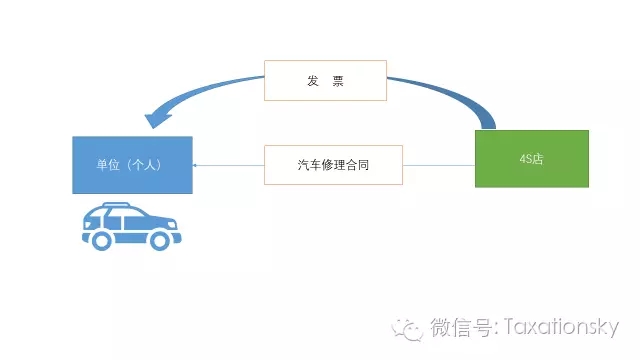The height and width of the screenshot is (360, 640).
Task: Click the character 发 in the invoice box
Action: coord(313,81)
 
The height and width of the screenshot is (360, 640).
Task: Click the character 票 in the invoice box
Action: coord(337,81)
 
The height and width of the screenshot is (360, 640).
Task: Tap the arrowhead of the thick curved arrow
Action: coord(158,119)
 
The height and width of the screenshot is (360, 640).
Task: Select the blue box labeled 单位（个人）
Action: coord(132,164)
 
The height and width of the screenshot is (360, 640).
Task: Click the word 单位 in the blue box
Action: coord(107,164)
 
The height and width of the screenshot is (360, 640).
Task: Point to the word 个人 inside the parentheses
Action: coord(145,164)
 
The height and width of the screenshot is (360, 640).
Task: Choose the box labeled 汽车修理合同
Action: coord(333,164)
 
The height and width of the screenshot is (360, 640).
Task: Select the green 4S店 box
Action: coord(531,159)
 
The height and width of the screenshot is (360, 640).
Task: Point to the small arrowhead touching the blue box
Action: coord(195,164)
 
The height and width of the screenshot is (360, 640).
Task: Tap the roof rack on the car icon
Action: coord(118,205)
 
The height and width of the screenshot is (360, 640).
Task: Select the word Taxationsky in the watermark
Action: coord(559,328)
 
